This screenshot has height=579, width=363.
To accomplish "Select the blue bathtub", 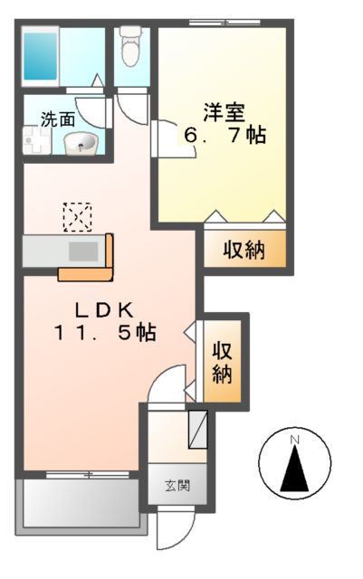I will pos(40,55).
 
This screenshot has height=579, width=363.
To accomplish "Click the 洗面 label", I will pos(56,117).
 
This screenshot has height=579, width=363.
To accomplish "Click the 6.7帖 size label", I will pos(224,137).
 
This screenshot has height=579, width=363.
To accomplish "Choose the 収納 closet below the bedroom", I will pos(244,249).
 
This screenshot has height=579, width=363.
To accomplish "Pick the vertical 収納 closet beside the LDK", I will pos(223,361).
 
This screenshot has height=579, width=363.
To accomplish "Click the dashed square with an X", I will pos(77,217).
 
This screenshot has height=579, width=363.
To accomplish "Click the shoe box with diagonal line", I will pos(197,428).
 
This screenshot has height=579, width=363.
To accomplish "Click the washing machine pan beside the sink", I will pos(40,140).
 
